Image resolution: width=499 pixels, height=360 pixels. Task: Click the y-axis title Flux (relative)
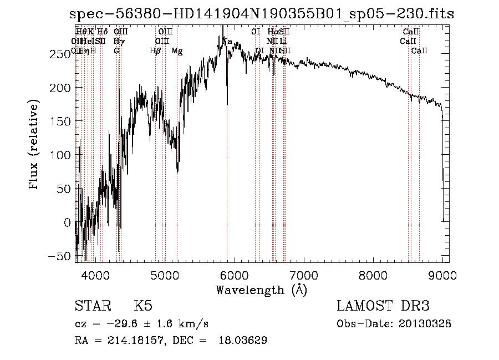pos(34,145)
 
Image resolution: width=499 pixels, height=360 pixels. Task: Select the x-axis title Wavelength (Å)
pos(261,290)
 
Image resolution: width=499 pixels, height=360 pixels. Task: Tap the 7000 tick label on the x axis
pos(304,275)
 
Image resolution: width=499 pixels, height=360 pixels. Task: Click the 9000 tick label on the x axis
pos(442,275)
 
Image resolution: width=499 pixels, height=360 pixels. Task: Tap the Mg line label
pos(177,51)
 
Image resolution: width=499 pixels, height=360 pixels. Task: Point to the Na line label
pos(227,41)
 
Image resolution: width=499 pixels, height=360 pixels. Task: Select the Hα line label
pos(272,32)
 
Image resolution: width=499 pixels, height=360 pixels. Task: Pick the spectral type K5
pos(143,307)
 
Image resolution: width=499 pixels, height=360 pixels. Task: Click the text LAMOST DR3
pos(383,307)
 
